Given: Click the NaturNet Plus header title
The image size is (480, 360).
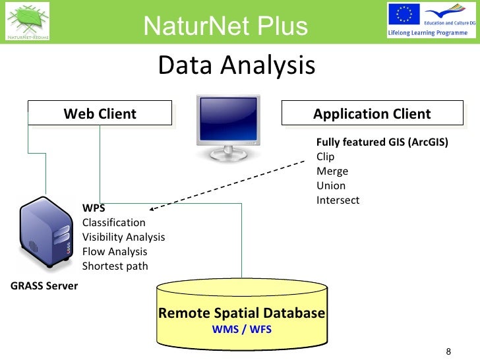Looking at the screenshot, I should click(x=226, y=26).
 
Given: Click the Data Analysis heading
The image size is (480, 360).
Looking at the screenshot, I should click(x=237, y=65).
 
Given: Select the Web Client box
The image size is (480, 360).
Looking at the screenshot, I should click(x=100, y=113).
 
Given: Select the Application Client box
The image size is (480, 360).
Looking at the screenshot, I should click(x=372, y=113).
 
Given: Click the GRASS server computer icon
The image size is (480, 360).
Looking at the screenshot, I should click(x=44, y=234).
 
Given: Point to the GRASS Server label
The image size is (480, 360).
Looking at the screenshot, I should click(x=44, y=286).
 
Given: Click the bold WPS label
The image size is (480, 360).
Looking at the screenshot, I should click(x=93, y=208).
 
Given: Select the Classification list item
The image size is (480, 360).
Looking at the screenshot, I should click(x=113, y=223).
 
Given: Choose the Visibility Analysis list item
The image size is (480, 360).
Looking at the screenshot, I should click(x=123, y=237).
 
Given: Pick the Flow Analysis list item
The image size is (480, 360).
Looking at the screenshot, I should click(x=114, y=252).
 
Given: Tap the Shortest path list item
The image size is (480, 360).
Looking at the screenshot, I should click(x=115, y=266).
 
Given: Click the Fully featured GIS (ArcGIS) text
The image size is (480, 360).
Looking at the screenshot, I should click(x=382, y=142).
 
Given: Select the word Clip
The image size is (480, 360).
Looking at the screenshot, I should click(x=325, y=157).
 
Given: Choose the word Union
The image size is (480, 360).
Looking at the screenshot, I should click(x=331, y=186).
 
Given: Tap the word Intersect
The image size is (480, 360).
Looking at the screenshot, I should click(x=338, y=200).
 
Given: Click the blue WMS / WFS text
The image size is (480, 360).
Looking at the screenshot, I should click(x=241, y=328).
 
